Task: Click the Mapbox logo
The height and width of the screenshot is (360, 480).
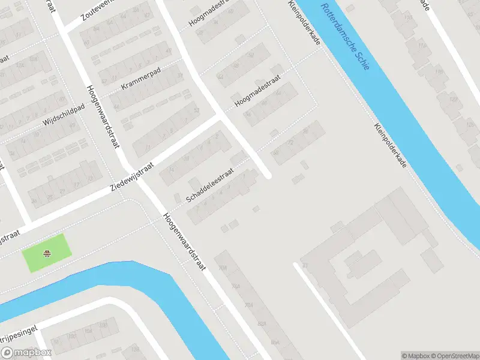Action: coord(26,353)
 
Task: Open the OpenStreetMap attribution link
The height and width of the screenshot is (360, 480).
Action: coord(454,356)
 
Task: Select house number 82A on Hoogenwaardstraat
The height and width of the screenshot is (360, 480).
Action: coord(261,324)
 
